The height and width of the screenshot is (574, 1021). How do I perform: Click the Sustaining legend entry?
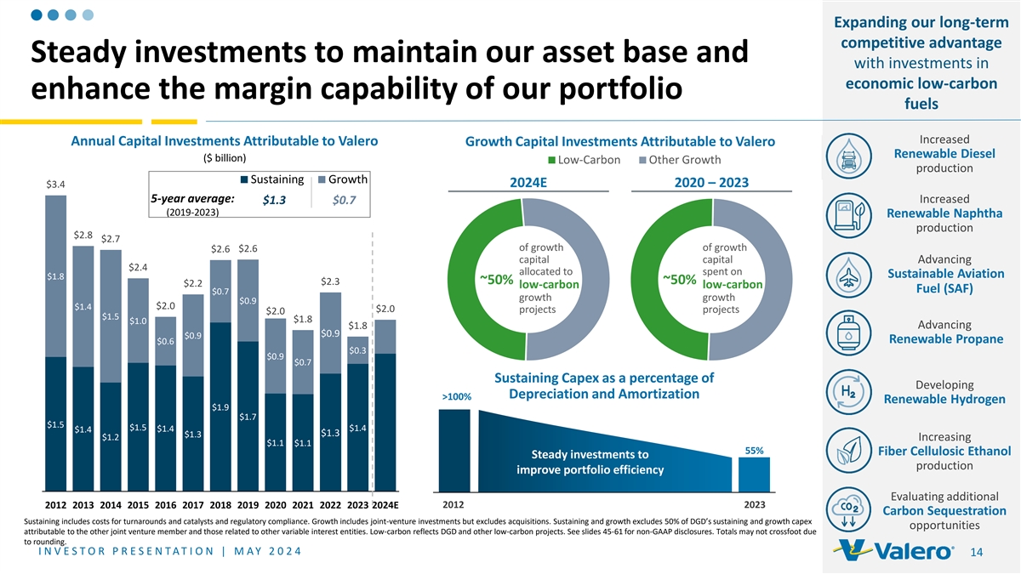tap(273, 179)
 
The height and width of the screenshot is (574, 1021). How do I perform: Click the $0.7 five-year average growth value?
tap(345, 200)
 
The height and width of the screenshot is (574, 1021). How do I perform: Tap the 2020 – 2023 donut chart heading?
tap(711, 183)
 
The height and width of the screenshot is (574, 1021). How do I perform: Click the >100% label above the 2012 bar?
tap(455, 397)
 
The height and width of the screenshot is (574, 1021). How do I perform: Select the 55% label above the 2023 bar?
tap(754, 450)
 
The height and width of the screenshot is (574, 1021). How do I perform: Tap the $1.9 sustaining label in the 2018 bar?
tap(220, 406)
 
